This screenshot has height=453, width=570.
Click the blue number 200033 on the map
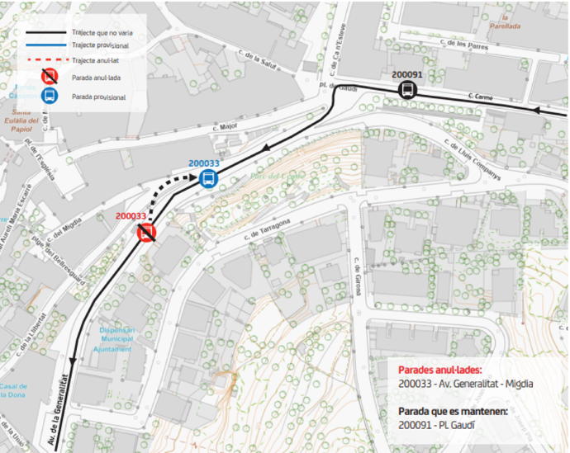tap(203, 163)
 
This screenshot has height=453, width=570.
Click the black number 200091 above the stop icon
tap(407, 74)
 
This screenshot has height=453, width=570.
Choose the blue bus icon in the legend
tap(50, 96)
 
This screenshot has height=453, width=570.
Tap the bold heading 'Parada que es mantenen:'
tap(453, 411)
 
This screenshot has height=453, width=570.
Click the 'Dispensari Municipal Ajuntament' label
tap(115, 338)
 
